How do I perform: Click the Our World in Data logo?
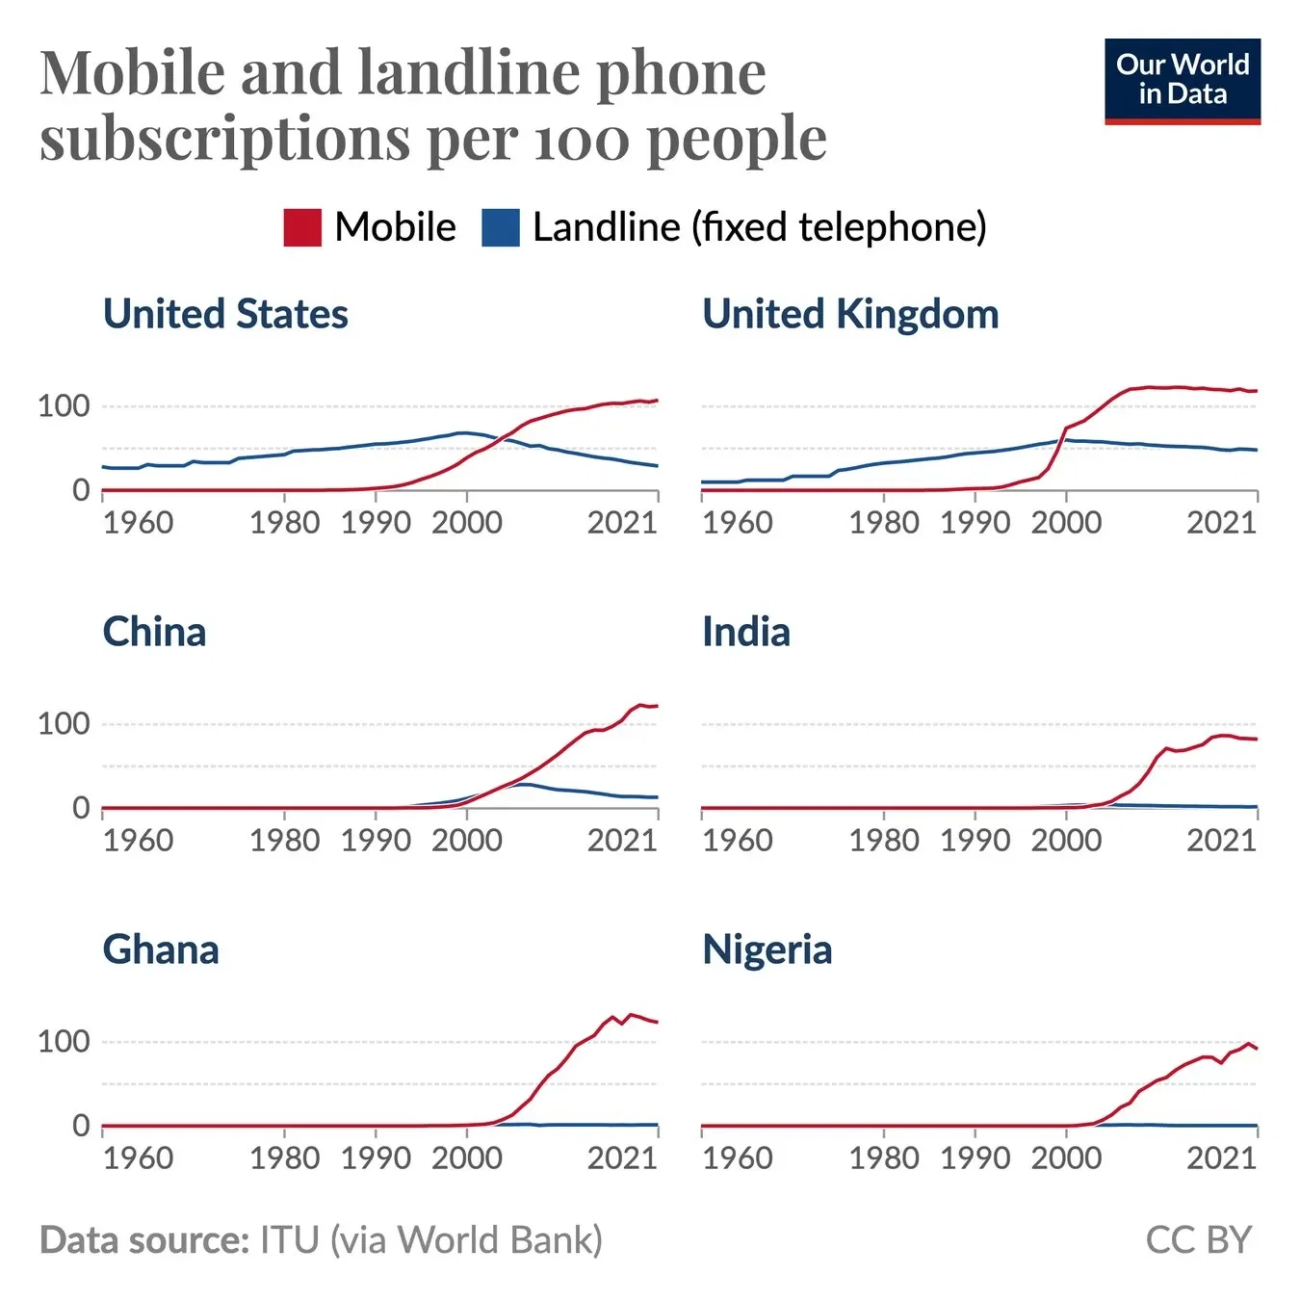click(x=1182, y=81)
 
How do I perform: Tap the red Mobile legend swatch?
click(x=302, y=228)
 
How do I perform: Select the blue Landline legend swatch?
click(x=501, y=228)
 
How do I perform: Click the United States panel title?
click(x=225, y=314)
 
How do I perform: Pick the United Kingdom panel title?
click(x=850, y=314)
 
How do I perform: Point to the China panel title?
click(x=154, y=633)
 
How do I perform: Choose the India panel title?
click(x=746, y=633)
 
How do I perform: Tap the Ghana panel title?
click(x=161, y=950)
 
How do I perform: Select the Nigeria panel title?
click(x=767, y=950)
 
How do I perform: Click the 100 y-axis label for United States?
click(x=64, y=406)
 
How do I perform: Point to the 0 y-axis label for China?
click(x=81, y=808)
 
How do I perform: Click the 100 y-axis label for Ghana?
click(x=64, y=1042)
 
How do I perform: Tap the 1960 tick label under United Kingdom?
click(x=737, y=523)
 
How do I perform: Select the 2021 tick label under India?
click(x=1221, y=841)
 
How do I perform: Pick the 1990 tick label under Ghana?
click(x=376, y=1158)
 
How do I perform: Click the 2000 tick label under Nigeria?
click(x=1066, y=1158)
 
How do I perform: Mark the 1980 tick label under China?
click(x=284, y=841)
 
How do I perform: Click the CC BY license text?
click(x=1198, y=1240)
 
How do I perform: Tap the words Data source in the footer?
click(x=144, y=1240)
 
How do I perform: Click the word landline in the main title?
click(x=468, y=73)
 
